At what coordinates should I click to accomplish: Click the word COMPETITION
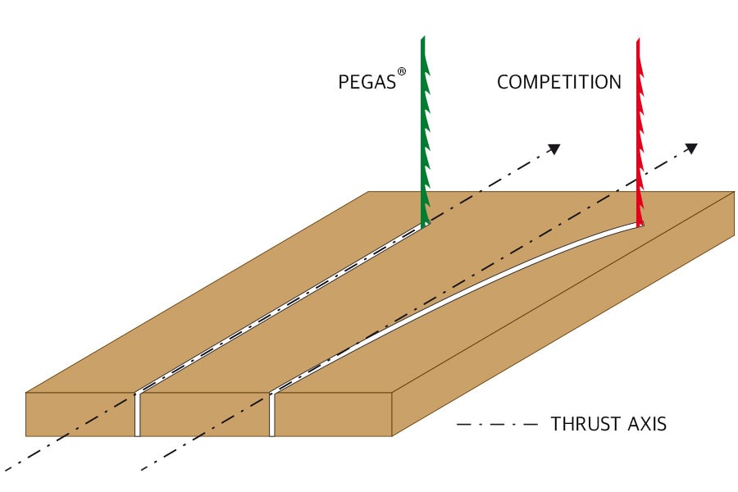(x=558, y=83)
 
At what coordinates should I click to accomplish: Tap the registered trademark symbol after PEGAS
(x=402, y=72)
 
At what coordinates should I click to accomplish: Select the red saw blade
(x=640, y=131)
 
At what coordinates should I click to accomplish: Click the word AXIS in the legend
(x=647, y=425)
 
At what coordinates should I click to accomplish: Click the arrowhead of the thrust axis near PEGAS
(x=554, y=148)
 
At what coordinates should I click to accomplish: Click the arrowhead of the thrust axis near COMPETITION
(x=691, y=148)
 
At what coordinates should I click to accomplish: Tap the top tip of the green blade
(x=422, y=39)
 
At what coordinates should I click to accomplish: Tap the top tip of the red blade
(x=638, y=39)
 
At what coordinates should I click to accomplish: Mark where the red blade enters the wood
(x=640, y=223)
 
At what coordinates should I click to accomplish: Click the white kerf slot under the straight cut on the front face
(x=137, y=414)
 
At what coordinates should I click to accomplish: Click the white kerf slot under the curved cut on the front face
(x=272, y=414)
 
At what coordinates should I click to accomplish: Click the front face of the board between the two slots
(x=205, y=414)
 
